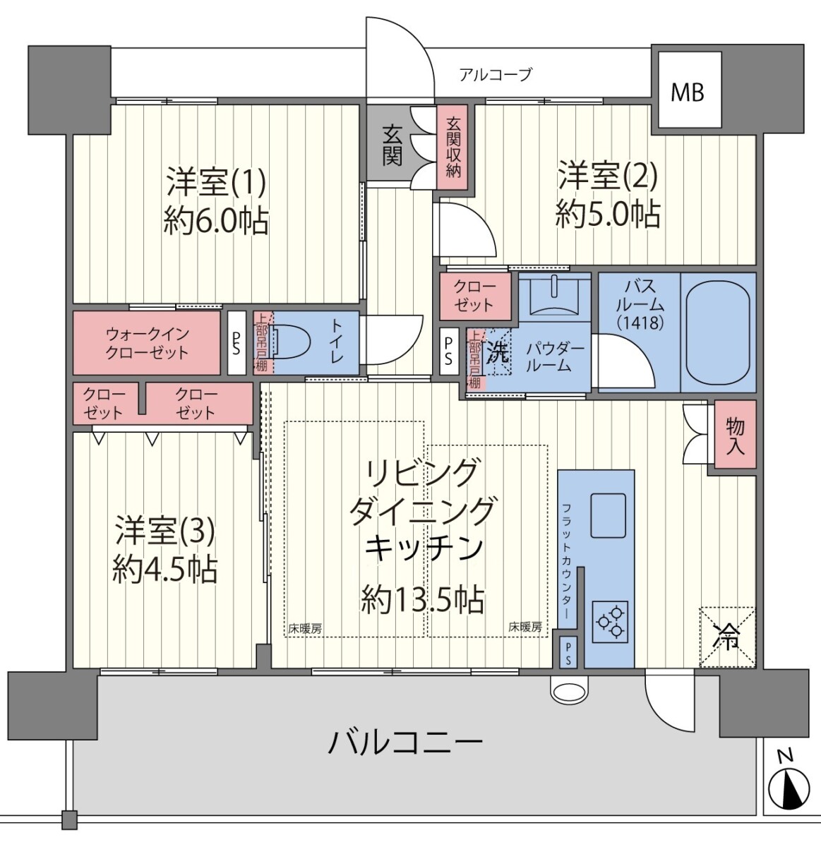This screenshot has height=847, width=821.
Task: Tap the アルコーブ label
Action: tap(496, 75)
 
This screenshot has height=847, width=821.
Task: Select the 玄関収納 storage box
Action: tap(453, 147)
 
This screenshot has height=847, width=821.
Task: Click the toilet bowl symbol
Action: tap(289, 342)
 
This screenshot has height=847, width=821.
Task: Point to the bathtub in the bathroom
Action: tap(718, 333)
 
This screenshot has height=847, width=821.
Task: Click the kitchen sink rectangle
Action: tap(608, 515)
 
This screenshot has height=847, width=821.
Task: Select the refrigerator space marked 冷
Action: tap(727, 637)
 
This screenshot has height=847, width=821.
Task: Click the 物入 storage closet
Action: tap(736, 434)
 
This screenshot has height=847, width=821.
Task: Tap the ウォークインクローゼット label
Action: tap(147, 343)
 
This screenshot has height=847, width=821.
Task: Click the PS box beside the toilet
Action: tap(236, 342)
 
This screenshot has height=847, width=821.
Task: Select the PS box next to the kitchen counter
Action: tap(568, 652)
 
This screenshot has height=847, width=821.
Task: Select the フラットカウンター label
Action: tap(567, 561)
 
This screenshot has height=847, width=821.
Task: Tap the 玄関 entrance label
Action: tap(392, 146)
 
